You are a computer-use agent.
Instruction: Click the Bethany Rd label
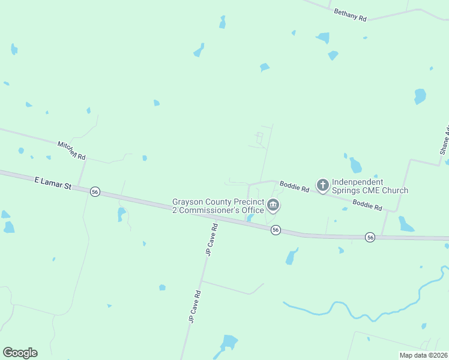[350, 15]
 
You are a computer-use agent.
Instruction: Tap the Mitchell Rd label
[71, 151]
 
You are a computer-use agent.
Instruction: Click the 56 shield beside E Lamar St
[95, 191]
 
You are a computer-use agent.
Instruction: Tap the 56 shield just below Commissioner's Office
[276, 230]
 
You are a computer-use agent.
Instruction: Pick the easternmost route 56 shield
[370, 238]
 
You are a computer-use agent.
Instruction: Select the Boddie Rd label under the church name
[367, 205]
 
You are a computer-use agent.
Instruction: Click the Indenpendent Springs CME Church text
[370, 186]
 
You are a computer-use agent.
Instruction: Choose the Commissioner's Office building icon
[274, 206]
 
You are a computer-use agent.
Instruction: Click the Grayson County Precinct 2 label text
[218, 206]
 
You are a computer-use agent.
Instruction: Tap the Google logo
[20, 353]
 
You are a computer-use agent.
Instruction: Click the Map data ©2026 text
[423, 355]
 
